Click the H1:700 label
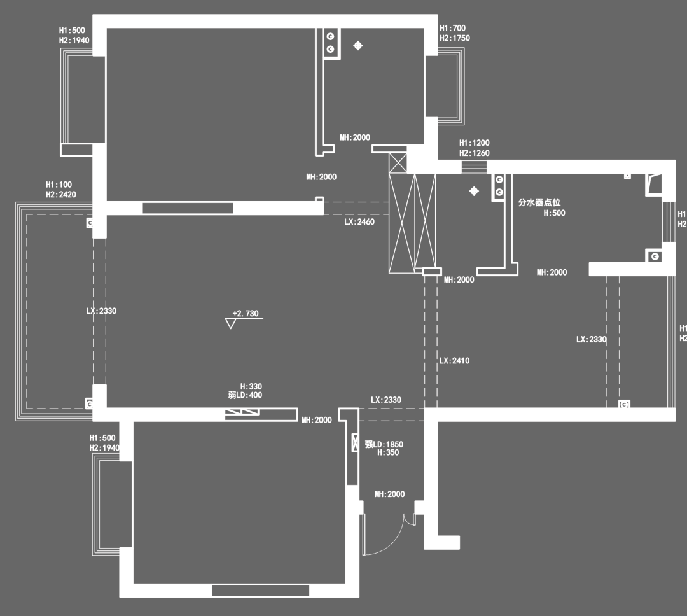453,28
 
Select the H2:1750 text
455,38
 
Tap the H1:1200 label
475,143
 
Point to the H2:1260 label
475,153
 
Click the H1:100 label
59,185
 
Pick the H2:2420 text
61,195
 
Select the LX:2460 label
359,222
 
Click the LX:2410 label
454,361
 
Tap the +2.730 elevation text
246,314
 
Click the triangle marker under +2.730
230,323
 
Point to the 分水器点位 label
539,202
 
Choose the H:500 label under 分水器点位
554,213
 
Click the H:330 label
251,386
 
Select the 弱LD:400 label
245,395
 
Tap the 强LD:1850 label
384,444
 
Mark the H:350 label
388,453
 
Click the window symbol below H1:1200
474,167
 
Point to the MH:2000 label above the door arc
389,494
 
